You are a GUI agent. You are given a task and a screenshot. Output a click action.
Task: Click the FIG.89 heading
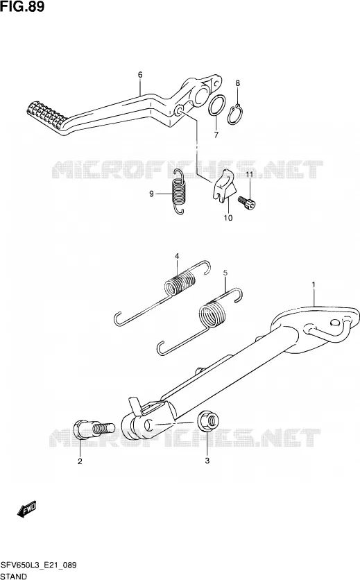(22, 6)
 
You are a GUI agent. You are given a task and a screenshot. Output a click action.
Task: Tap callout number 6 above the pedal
(140, 75)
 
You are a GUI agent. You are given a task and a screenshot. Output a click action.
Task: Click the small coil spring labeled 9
(179, 191)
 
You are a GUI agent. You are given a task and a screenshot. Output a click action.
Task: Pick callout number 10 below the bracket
(228, 218)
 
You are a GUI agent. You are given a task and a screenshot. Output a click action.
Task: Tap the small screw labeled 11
(247, 203)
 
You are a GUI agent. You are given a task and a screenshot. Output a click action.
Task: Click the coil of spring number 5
(212, 314)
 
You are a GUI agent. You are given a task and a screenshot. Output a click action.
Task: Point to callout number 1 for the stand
(314, 284)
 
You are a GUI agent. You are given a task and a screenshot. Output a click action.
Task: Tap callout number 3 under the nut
(207, 461)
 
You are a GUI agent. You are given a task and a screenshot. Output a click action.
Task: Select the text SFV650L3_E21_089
(38, 565)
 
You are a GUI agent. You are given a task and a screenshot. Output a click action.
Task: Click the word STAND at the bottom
(14, 577)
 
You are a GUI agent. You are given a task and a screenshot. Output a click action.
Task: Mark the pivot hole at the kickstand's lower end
(148, 425)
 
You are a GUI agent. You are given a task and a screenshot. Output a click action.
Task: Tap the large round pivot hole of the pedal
(202, 95)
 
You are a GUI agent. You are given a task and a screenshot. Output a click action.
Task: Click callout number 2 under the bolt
(80, 461)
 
